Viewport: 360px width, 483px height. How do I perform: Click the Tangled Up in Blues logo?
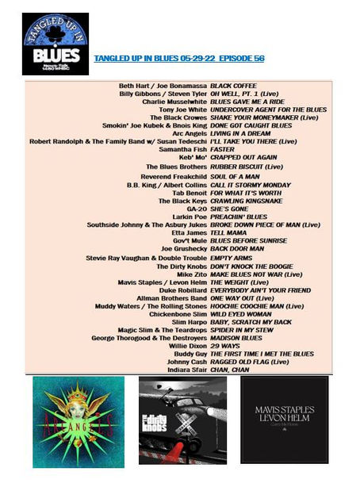click(x=55, y=44)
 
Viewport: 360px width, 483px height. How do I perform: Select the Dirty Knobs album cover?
click(x=182, y=420)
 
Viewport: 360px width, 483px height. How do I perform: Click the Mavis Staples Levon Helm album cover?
click(x=284, y=420)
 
